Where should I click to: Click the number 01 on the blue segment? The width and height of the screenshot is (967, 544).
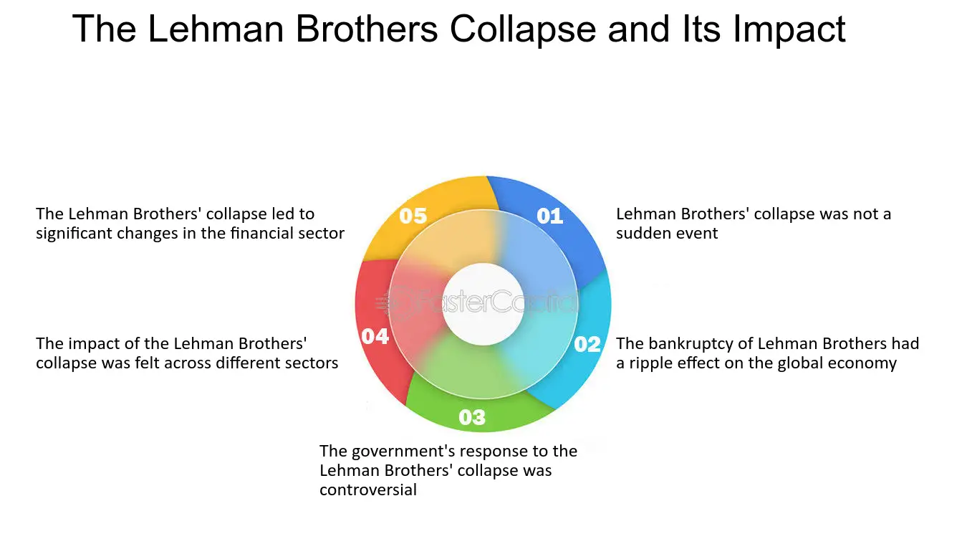click(549, 216)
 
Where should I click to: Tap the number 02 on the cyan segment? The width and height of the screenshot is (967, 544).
click(587, 344)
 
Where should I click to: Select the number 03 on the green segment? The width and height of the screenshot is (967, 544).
click(472, 417)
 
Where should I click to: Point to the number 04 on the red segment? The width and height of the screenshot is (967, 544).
click(375, 337)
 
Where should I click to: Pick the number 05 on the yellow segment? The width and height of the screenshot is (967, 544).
click(413, 216)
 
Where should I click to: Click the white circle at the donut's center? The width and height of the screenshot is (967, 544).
click(483, 304)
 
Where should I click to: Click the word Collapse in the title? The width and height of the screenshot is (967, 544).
click(523, 30)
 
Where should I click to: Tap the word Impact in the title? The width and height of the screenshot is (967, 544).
click(789, 30)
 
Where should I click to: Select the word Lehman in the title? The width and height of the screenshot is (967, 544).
click(216, 29)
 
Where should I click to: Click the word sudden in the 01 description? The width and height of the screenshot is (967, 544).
click(639, 234)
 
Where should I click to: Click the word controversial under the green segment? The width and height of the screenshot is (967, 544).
click(368, 490)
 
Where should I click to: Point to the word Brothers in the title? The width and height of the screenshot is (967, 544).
click(367, 29)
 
